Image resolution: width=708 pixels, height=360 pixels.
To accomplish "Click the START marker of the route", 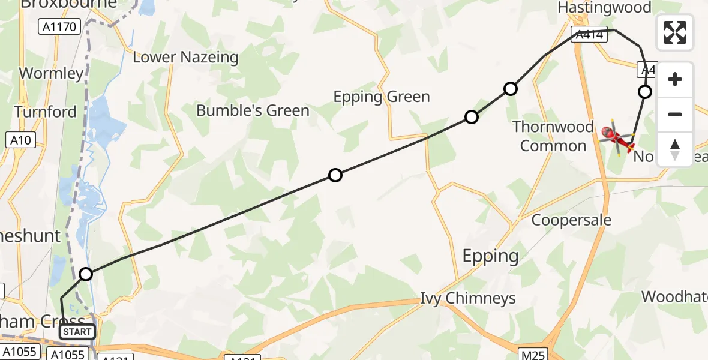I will click(x=77, y=331).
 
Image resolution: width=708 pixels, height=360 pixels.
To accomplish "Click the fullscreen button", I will click(x=675, y=32).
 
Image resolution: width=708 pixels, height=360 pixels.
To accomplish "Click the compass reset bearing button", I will click(x=675, y=149).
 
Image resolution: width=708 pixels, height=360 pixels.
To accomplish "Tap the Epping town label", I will click(x=490, y=256).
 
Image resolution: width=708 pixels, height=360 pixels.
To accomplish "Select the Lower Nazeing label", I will click(x=185, y=58).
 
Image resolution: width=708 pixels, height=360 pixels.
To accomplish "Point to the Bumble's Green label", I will click(x=253, y=110).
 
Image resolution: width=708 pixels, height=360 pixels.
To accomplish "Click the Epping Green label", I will click(x=382, y=97).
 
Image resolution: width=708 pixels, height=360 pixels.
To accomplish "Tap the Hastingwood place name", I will click(x=604, y=8).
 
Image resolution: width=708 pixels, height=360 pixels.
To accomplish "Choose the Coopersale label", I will click(x=571, y=220).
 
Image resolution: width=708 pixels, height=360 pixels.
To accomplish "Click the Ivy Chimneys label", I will click(x=467, y=298).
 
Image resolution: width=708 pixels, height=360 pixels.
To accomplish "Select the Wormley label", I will click(x=51, y=74).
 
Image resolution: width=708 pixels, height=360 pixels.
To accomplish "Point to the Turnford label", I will click(x=45, y=112).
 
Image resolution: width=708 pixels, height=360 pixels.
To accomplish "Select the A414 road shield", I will click(x=589, y=35).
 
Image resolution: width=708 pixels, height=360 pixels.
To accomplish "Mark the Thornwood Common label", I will click(x=553, y=137).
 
